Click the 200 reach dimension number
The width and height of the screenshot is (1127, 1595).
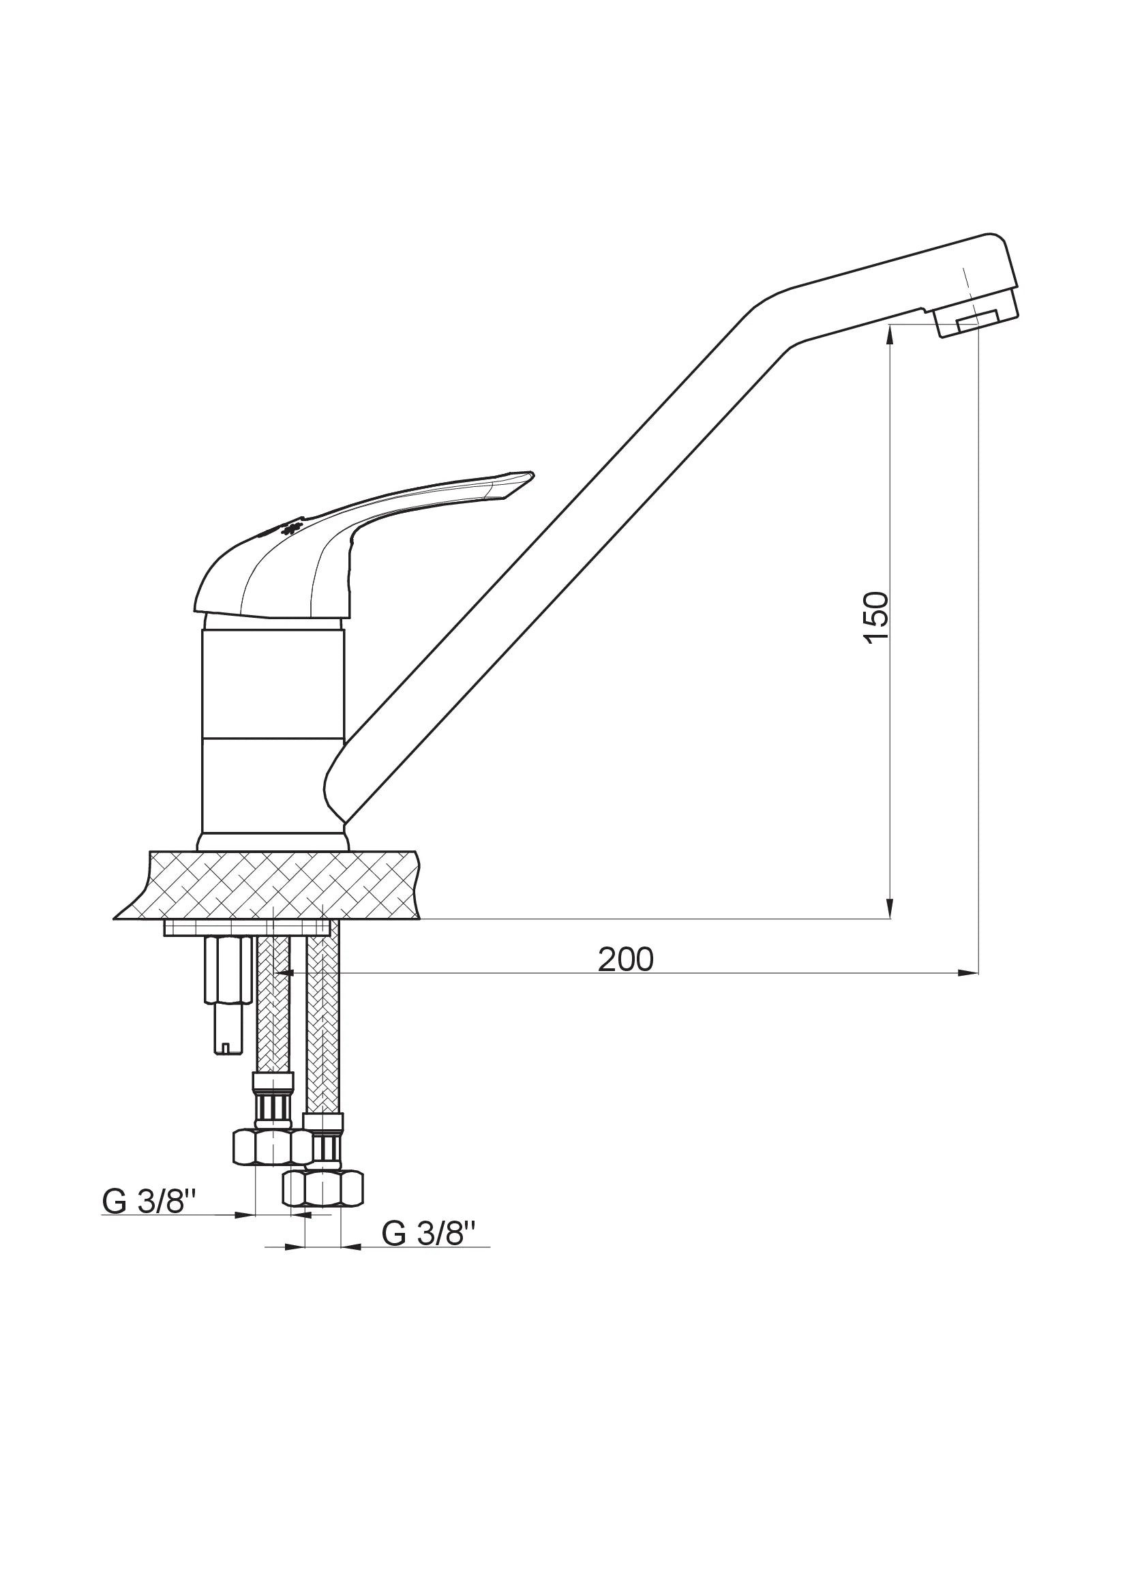626,960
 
